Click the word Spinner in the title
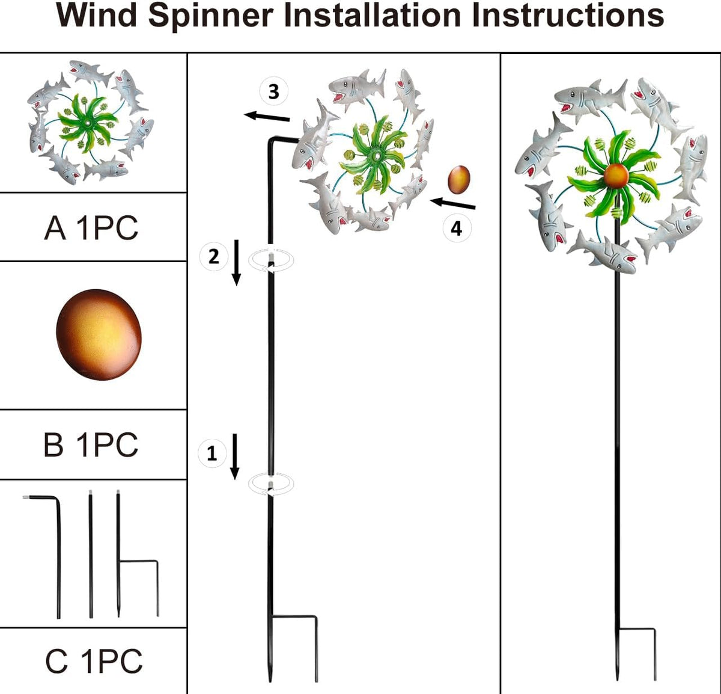pyautogui.click(x=210, y=17)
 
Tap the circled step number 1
pyautogui.click(x=211, y=453)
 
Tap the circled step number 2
pyautogui.click(x=213, y=256)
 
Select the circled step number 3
pyautogui.click(x=273, y=91)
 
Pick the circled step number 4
pyautogui.click(x=457, y=228)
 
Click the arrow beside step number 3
pyautogui.click(x=267, y=117)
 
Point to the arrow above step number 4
pyautogui.click(x=452, y=204)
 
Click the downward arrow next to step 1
pyautogui.click(x=234, y=456)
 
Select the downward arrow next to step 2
pyautogui.click(x=236, y=263)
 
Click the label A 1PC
pyautogui.click(x=91, y=228)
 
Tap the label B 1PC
pyautogui.click(x=91, y=444)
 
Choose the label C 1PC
pyautogui.click(x=94, y=660)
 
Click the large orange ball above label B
pyautogui.click(x=99, y=334)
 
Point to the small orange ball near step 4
pyautogui.click(x=459, y=180)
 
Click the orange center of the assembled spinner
pyautogui.click(x=616, y=176)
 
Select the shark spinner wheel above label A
pyautogui.click(x=90, y=122)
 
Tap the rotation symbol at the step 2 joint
pyautogui.click(x=272, y=260)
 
